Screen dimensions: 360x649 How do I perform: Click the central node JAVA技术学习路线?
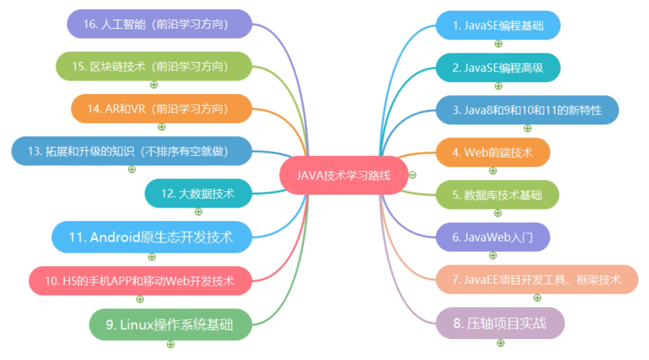point(344,175)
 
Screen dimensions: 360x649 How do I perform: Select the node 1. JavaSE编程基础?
point(498,25)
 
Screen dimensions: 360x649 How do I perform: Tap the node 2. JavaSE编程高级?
point(498,68)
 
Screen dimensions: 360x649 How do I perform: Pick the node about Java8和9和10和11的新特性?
point(527,110)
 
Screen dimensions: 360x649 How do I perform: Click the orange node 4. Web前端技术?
point(492,153)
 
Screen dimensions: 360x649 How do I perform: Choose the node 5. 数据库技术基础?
point(497,195)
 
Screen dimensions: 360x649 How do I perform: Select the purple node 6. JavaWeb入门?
point(492,238)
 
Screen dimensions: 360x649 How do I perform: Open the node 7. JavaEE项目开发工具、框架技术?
point(537,280)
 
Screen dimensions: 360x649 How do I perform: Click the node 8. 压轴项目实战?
point(500,323)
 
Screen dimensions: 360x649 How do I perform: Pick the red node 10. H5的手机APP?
point(140,281)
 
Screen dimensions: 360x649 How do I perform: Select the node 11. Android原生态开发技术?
point(152,238)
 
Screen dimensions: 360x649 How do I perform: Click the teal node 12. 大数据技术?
point(198,194)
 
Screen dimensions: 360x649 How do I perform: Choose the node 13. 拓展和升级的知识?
point(131,151)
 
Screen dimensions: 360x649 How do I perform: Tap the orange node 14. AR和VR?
point(161,109)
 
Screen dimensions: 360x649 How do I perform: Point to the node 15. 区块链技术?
point(154,66)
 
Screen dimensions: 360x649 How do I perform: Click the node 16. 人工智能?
point(160,24)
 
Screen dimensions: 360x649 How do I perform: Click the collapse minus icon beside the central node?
point(412,174)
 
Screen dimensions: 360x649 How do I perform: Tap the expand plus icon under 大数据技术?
point(199,212)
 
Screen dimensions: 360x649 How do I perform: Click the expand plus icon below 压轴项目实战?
point(500,343)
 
